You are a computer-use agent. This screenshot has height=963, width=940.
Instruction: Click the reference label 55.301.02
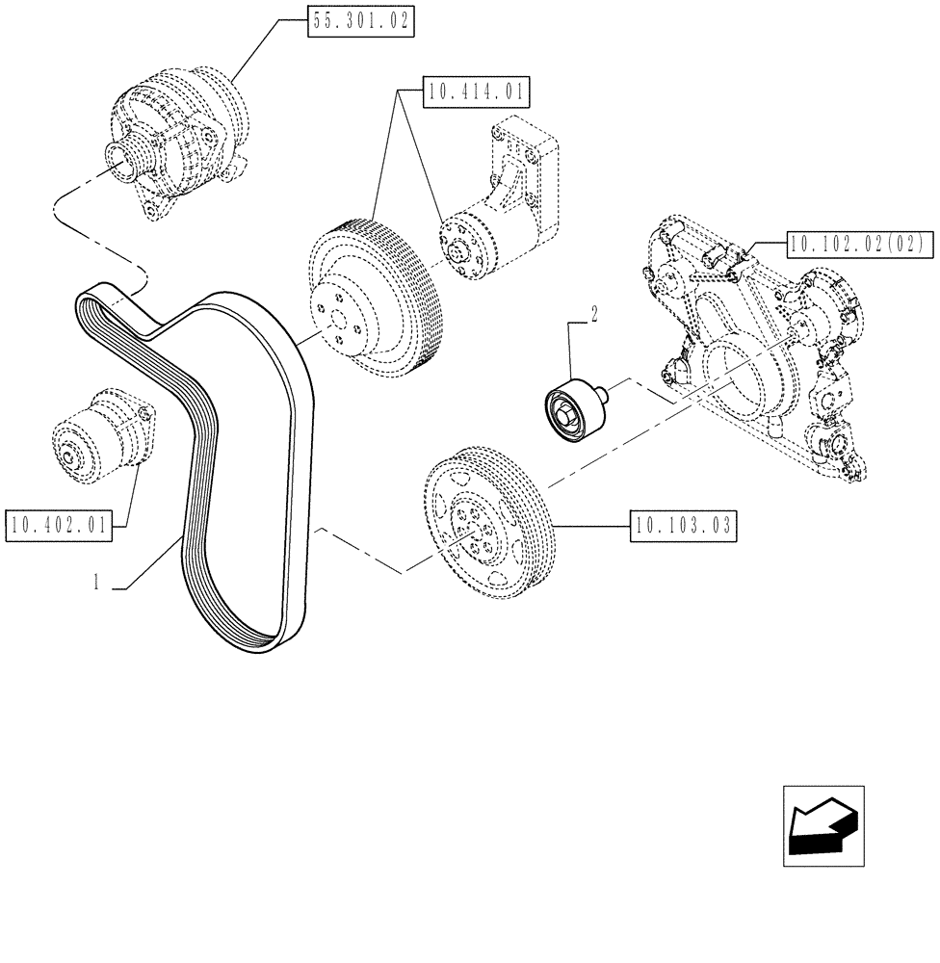point(360,20)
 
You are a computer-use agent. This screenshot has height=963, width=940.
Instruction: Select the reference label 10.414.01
point(476,93)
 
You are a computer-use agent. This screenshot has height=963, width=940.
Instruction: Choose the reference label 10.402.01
point(59,524)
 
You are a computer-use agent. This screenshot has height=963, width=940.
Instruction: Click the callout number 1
point(96,583)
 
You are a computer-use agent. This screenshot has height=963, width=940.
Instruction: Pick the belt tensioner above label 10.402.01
point(101,434)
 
